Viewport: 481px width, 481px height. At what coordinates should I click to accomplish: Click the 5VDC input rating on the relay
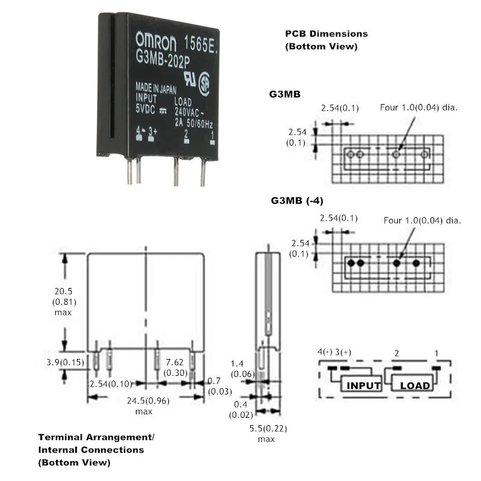coord(147,110)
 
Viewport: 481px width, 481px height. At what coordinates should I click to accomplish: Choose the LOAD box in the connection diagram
coord(415,385)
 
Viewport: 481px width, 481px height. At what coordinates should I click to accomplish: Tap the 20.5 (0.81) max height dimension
coord(62,301)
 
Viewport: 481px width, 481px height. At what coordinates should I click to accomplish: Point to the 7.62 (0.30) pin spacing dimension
coord(176,367)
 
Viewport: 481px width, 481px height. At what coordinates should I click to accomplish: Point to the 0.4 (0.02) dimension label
coord(239,409)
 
